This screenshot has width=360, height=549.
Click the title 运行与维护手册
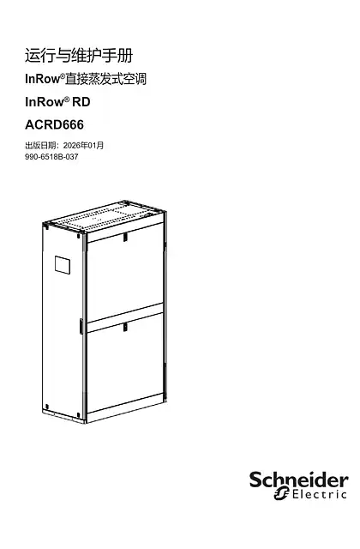79,56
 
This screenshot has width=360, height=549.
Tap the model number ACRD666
54,124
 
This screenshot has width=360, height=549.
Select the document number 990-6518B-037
51,157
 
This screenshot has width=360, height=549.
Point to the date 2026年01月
84,145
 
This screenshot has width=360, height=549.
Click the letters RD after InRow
81,102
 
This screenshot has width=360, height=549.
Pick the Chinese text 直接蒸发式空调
106,79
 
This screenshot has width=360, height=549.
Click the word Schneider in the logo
299,480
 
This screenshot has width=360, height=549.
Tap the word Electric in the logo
320,494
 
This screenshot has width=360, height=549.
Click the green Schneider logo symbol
281,494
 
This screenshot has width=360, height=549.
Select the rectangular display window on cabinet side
63,265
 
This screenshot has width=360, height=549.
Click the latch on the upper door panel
125,237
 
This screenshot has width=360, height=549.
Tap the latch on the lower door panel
125,328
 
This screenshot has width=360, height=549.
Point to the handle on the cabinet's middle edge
81,326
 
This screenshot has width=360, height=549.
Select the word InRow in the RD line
44,102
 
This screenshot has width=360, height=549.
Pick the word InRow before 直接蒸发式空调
42,79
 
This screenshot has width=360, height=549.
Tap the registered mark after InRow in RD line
67,100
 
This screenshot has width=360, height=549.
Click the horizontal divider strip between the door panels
125,318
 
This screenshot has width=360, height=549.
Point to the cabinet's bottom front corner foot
84,420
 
